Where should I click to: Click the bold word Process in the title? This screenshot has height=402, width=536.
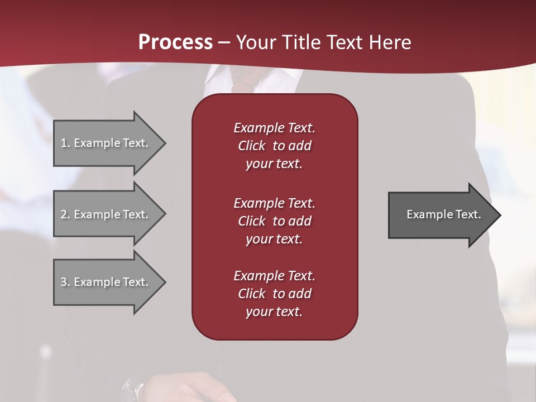pos(175,42)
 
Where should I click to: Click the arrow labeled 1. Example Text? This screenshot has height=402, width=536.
pos(106,143)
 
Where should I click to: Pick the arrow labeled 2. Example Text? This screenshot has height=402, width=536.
pos(106,214)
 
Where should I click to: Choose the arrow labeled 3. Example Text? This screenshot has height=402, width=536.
pos(106,282)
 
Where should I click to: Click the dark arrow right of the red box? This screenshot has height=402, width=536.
pos(441,214)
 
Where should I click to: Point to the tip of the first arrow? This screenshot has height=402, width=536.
pos(164,143)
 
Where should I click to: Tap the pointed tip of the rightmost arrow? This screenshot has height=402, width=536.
pos(499,214)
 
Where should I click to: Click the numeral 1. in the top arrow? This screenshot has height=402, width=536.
pos(65,143)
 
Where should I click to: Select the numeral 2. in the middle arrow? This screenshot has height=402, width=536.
pos(65,214)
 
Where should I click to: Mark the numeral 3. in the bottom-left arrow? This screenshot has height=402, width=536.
pos(65,282)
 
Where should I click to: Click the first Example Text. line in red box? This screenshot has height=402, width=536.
pos(274,128)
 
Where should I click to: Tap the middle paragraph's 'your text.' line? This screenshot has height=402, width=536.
pos(274,239)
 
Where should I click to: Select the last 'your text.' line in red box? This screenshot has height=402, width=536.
pos(274,312)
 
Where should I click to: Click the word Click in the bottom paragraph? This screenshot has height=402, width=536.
pos(252,294)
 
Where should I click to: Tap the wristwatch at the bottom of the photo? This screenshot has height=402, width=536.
pos(133,388)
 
